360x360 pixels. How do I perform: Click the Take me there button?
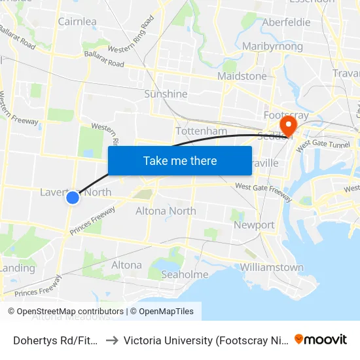tap(180, 160)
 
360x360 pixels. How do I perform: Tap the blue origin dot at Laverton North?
tap(73, 197)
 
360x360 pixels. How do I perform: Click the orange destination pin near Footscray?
tap(287, 125)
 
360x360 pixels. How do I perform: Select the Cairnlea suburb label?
tap(77, 22)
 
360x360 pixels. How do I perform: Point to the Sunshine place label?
tap(166, 94)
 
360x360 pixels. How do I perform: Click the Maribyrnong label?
tap(272, 46)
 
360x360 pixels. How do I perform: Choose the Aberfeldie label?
tap(285, 22)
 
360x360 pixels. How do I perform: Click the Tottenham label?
tap(202, 131)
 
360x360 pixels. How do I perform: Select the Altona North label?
tap(166, 211)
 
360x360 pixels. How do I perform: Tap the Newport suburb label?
tap(254, 225)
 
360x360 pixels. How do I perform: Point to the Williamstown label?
tap(272, 267)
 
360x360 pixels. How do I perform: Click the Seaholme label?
tap(185, 274)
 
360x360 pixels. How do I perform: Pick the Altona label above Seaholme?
tap(126, 265)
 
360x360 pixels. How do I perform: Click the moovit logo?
tap(321, 339)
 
